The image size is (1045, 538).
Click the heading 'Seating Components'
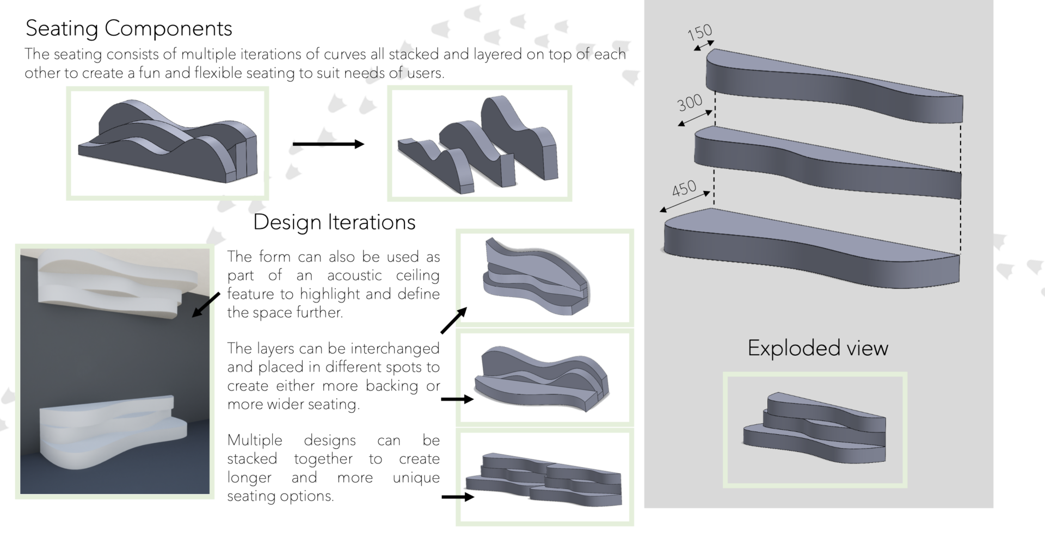click(x=129, y=28)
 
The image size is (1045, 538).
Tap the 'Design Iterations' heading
click(x=334, y=222)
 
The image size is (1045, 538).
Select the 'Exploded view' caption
click(x=817, y=348)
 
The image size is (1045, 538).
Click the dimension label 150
click(x=699, y=33)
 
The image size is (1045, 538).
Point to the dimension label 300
click(x=690, y=102)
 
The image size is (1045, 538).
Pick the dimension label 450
click(x=684, y=189)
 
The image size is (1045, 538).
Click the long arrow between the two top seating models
click(x=328, y=144)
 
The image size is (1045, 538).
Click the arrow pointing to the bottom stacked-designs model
click(x=457, y=497)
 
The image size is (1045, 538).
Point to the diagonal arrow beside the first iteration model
click(x=453, y=320)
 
